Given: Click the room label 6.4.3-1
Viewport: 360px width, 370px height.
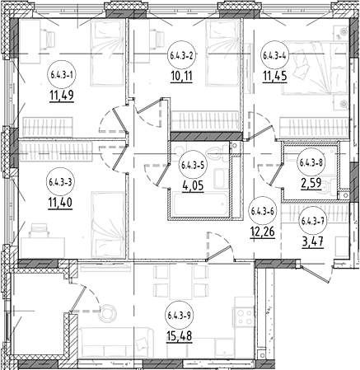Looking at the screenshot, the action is click(x=62, y=74).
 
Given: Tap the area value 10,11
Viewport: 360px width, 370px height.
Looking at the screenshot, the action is click(x=181, y=76).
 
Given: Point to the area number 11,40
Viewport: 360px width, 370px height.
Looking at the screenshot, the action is click(x=60, y=204).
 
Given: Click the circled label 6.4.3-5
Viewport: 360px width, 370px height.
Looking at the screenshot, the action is click(x=193, y=165).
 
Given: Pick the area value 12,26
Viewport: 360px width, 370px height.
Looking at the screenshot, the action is click(x=262, y=232).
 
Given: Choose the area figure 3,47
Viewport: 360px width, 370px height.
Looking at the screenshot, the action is click(x=312, y=243).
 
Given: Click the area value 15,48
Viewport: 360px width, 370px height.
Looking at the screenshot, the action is click(x=179, y=335).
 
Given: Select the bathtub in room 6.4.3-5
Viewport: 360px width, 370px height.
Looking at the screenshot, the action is click(x=199, y=204).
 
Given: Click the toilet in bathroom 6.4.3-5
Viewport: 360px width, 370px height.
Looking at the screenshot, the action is click(x=217, y=154).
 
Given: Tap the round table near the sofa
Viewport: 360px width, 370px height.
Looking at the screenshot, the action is click(x=107, y=312).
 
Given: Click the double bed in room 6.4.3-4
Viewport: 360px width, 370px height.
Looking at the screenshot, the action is click(x=315, y=68).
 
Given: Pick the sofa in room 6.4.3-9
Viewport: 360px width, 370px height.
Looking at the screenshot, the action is click(x=116, y=342).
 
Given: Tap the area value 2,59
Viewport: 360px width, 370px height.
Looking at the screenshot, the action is click(x=311, y=183).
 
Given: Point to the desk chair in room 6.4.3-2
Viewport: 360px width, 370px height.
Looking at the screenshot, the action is click(x=157, y=35).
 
